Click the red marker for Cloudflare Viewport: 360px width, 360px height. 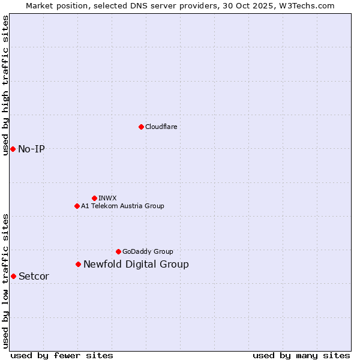(x=141, y=127)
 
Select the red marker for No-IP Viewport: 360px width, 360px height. (x=13, y=149)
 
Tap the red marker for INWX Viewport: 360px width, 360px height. (x=94, y=198)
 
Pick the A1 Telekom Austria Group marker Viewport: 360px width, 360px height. (x=77, y=206)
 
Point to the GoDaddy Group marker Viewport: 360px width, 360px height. (x=118, y=251)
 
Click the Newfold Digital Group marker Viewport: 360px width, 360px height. (x=78, y=264)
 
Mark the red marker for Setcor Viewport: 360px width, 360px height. (x=13, y=276)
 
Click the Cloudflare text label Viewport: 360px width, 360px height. (x=161, y=127)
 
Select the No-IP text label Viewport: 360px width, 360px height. (x=31, y=149)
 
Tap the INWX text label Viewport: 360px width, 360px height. (x=107, y=198)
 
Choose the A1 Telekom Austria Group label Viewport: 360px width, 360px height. (x=122, y=206)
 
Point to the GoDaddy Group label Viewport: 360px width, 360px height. (x=148, y=251)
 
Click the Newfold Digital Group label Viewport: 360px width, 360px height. (x=136, y=264)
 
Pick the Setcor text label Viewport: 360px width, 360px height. (x=34, y=276)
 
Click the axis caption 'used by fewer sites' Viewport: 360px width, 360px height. (x=62, y=355)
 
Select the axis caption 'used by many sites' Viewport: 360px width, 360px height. (x=301, y=355)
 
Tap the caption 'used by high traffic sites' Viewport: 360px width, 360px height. (x=5, y=85)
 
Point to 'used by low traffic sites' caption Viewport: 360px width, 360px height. (x=5, y=281)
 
